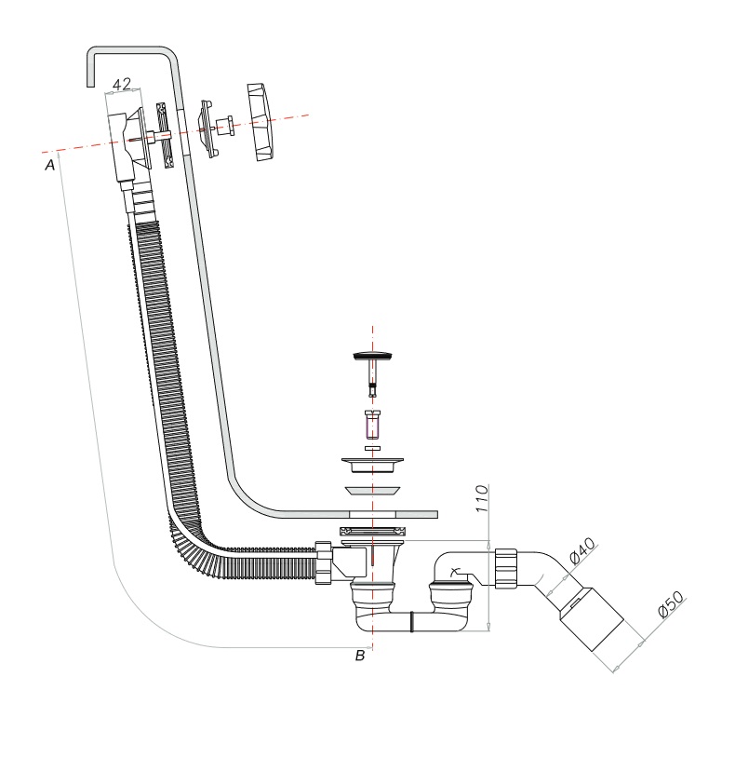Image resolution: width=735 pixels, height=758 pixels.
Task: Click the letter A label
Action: [52, 165]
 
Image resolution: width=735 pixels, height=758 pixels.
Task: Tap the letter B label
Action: [360, 656]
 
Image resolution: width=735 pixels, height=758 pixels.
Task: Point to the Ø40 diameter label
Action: [582, 552]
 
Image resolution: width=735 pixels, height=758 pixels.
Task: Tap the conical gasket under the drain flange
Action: [372, 490]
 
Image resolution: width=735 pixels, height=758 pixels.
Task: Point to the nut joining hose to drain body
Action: [325, 562]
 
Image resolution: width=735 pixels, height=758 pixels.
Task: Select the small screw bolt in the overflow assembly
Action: [224, 125]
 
